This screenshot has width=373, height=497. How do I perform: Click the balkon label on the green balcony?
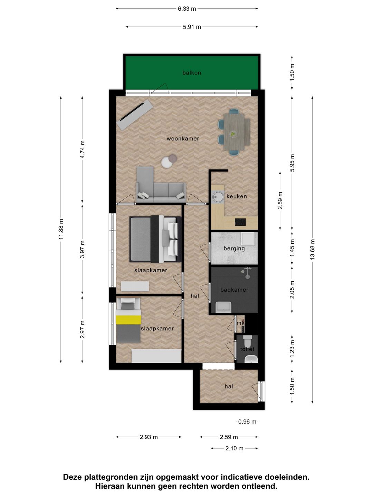pyautogui.click(x=192, y=73)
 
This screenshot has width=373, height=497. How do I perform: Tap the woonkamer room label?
pyautogui.click(x=183, y=139)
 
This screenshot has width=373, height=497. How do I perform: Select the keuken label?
pyautogui.click(x=237, y=196)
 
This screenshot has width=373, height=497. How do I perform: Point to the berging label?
pyautogui.click(x=234, y=248)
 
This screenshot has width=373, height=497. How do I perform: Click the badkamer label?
pyautogui.click(x=234, y=290)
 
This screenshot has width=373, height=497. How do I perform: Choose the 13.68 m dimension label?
pyautogui.click(x=312, y=249)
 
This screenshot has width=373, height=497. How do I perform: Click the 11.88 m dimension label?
pyautogui.click(x=61, y=229)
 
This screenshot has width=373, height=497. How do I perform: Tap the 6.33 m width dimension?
pyautogui.click(x=187, y=9)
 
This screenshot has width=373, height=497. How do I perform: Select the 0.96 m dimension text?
pyautogui.click(x=247, y=422)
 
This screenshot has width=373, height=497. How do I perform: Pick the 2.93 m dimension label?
pyautogui.click(x=149, y=437)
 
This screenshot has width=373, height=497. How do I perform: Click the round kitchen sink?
pyautogui.click(x=218, y=197)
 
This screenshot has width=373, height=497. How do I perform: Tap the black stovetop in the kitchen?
pyautogui.click(x=240, y=222)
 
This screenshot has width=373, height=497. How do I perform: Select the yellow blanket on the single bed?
pyautogui.click(x=128, y=320)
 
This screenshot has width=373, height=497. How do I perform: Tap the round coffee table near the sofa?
pyautogui.click(x=167, y=163)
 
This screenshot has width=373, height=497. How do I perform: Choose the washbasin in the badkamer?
pyautogui.click(x=223, y=306)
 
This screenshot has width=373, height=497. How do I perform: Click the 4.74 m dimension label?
pyautogui.click(x=82, y=149)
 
